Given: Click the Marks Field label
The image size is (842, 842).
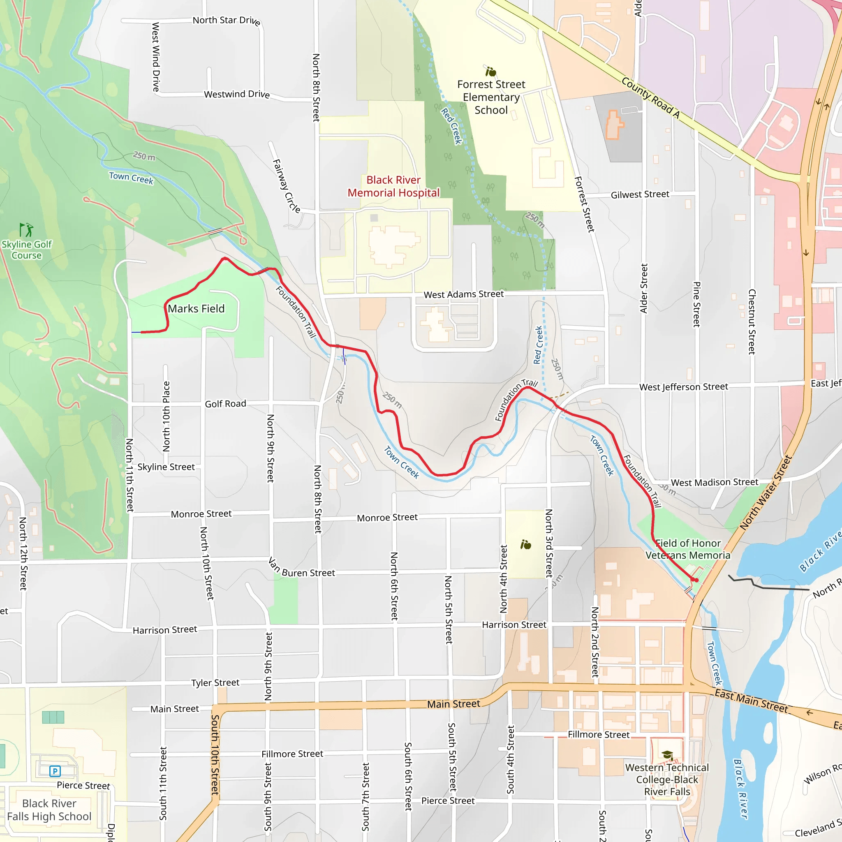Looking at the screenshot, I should tap(196, 309).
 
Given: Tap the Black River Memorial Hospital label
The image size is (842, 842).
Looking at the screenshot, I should tap(393, 186).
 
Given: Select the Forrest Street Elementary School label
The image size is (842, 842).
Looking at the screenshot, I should tap(491, 97).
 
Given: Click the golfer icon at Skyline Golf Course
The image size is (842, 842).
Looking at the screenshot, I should tap(26, 229).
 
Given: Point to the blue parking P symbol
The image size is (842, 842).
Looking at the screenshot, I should tap(55, 771).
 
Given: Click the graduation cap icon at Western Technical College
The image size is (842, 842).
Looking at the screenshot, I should tap(667, 755).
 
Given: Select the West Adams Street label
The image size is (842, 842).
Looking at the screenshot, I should tap(463, 294).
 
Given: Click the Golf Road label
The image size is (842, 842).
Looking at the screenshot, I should tap(225, 404).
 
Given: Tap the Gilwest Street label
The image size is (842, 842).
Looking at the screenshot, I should tap(639, 194).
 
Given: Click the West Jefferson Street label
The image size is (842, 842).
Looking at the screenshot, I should tap(683, 386).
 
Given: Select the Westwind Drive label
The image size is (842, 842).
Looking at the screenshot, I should tap(237, 94).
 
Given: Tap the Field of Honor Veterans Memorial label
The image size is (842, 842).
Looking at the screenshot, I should tap(688, 549).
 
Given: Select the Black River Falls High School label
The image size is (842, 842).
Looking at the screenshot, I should tap(49, 810).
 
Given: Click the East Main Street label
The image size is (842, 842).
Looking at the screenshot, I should tap(751, 701).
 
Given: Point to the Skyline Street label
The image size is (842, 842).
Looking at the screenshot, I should tap(166, 467).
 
